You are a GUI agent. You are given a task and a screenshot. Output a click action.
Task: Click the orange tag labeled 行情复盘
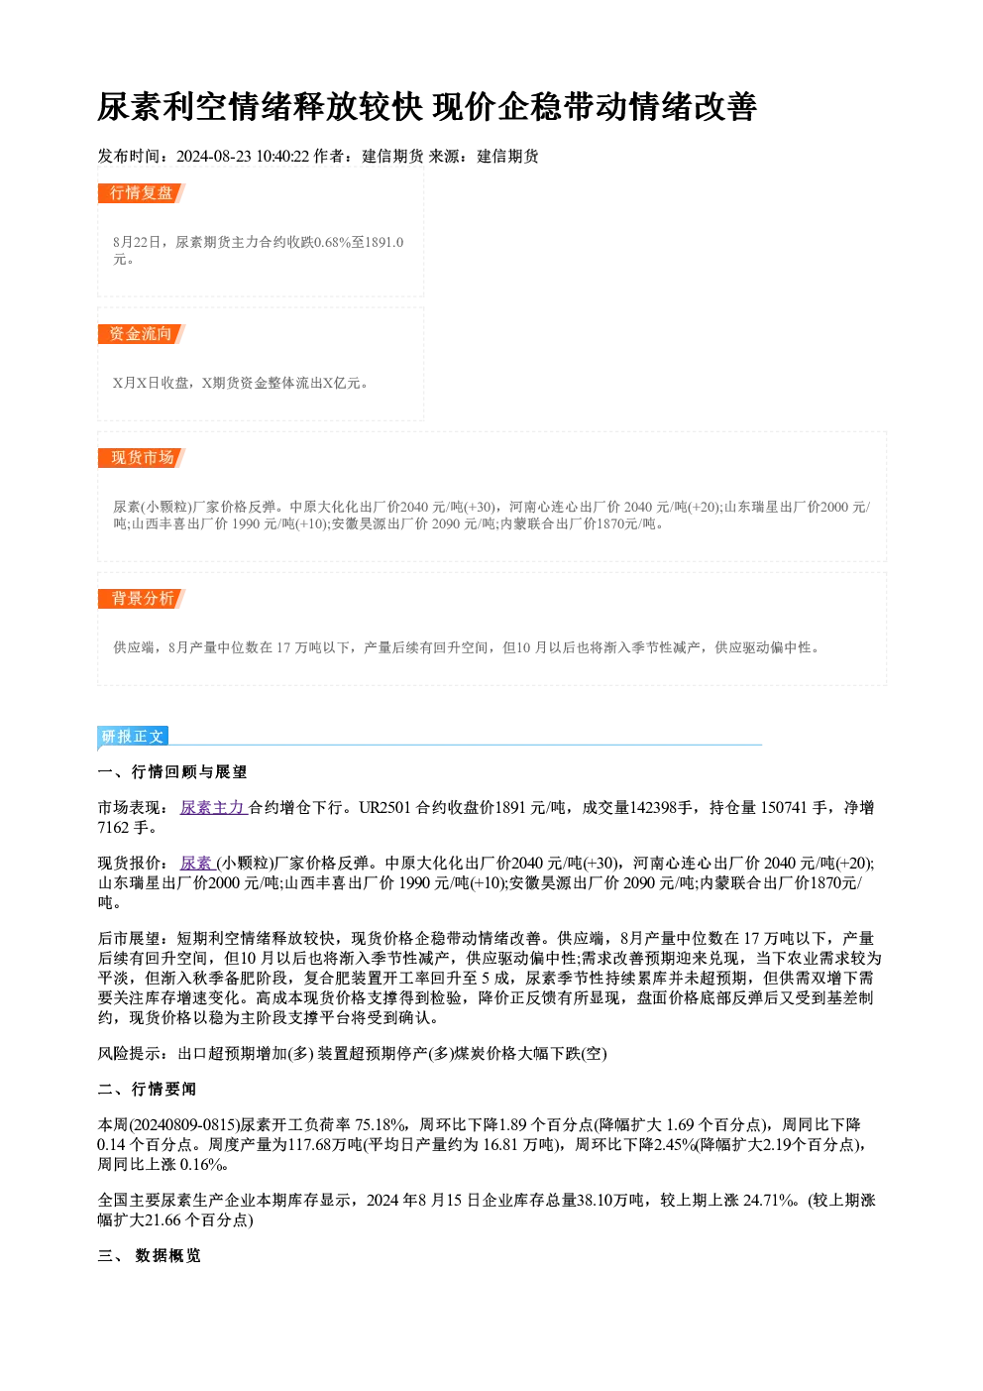tap(142, 193)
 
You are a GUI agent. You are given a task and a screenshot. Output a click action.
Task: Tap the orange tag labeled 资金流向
tap(142, 334)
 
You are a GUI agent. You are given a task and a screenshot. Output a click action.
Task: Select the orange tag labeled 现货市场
tap(142, 458)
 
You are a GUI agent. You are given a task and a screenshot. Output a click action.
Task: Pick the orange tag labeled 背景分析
tap(142, 599)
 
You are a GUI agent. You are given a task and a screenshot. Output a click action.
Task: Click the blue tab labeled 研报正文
tap(133, 736)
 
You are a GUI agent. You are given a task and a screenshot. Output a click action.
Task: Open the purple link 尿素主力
tap(213, 807)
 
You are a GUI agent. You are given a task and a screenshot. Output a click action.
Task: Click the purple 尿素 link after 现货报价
tap(197, 863)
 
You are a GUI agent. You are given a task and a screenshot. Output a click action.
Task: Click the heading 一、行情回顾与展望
tap(172, 772)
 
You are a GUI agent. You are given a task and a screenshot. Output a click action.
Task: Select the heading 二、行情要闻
tap(147, 1089)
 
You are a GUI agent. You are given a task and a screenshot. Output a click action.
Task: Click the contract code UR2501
tap(384, 807)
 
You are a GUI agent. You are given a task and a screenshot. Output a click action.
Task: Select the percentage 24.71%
tap(769, 1200)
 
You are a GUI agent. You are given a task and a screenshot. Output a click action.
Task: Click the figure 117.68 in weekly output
tap(310, 1144)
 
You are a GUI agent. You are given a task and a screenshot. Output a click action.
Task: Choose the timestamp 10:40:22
tap(282, 156)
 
